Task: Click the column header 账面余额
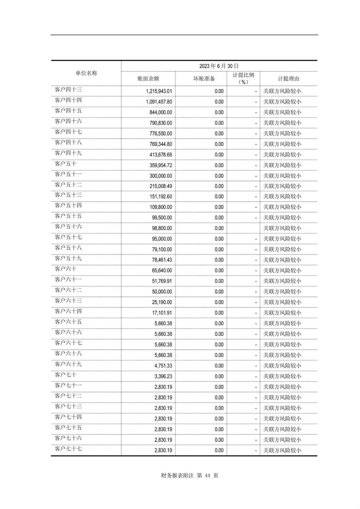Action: coord(148,79)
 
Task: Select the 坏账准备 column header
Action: coord(204,79)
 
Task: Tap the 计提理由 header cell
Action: coord(288,79)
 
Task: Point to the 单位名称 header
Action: coord(86,73)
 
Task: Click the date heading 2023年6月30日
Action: coord(219,66)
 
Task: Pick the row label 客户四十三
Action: coord(68,90)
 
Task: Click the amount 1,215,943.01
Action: coord(159,91)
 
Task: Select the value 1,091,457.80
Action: coord(159,102)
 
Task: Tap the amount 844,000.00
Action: coord(161,112)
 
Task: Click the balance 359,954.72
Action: coord(161,165)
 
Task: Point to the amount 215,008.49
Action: coord(161,186)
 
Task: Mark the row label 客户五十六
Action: coord(68,227)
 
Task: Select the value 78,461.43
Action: coord(162,260)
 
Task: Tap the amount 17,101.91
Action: coord(162,313)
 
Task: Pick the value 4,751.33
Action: coord(163,366)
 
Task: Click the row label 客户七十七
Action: coord(68,449)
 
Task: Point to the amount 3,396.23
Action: coord(163,376)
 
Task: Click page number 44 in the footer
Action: coord(208,475)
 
